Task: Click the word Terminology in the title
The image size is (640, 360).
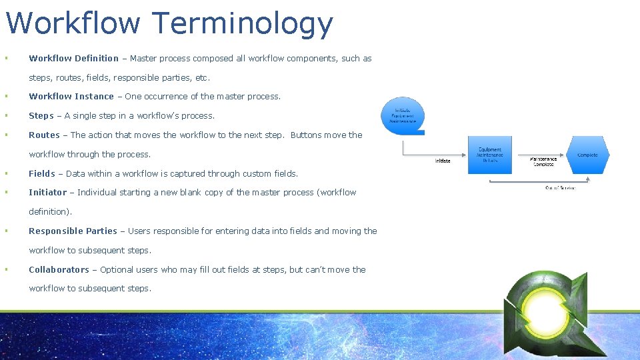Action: [x=243, y=24]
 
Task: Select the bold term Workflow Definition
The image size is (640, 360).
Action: [x=73, y=59]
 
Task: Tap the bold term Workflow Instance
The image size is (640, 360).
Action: [x=71, y=97]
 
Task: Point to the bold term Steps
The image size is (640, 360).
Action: [x=41, y=116]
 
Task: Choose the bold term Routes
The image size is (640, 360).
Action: [x=44, y=135]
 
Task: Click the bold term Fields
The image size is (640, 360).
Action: [x=42, y=174]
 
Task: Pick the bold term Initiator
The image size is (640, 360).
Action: [x=48, y=193]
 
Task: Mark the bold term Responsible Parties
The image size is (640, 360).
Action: [x=73, y=231]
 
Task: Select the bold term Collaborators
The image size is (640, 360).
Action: [x=59, y=270]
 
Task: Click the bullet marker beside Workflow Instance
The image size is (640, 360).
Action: [x=5, y=97]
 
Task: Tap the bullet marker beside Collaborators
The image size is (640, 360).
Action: [x=5, y=270]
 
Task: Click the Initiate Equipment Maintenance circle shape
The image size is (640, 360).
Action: [x=403, y=116]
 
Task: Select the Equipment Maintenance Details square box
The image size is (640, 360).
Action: [x=490, y=155]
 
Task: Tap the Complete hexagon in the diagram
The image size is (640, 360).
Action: [x=587, y=155]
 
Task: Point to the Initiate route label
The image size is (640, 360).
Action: [x=443, y=161]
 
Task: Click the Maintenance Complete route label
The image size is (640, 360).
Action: [x=543, y=161]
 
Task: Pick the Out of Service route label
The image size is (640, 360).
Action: [x=560, y=188]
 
